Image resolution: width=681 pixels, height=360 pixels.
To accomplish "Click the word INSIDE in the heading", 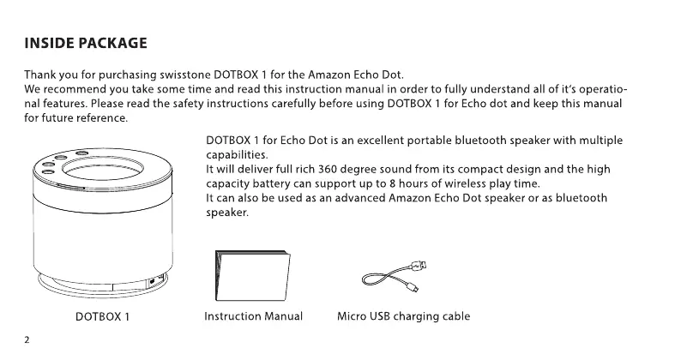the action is tap(48, 43).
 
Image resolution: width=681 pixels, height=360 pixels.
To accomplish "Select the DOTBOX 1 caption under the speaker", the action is tap(103, 317).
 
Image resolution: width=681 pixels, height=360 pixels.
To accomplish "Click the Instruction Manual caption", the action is tap(253, 317).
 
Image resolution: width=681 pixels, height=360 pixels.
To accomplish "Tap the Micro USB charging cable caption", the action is tap(403, 317).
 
